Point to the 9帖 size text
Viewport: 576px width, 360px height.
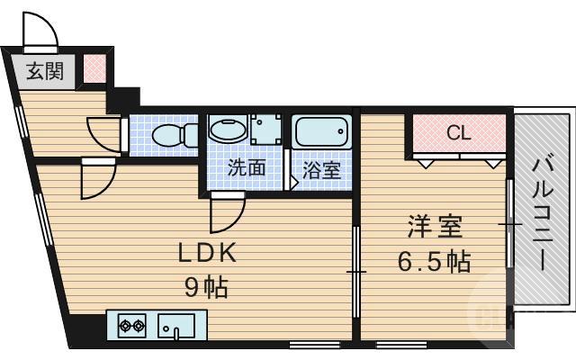208,288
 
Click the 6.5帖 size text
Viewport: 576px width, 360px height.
435,263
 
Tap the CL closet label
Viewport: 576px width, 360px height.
458,134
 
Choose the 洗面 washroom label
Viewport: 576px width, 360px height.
245,167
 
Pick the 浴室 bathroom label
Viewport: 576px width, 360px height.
322,169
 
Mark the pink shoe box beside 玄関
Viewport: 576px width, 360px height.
94,68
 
